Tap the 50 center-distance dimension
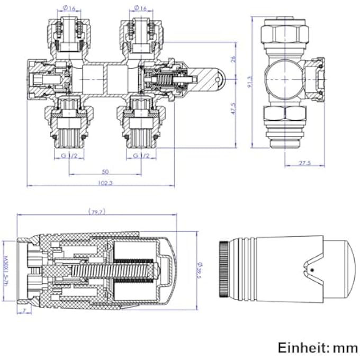tap(105, 171)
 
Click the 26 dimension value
tap(233, 59)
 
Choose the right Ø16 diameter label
tap(140, 8)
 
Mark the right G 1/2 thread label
tap(141, 155)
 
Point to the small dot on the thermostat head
tap(312, 270)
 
